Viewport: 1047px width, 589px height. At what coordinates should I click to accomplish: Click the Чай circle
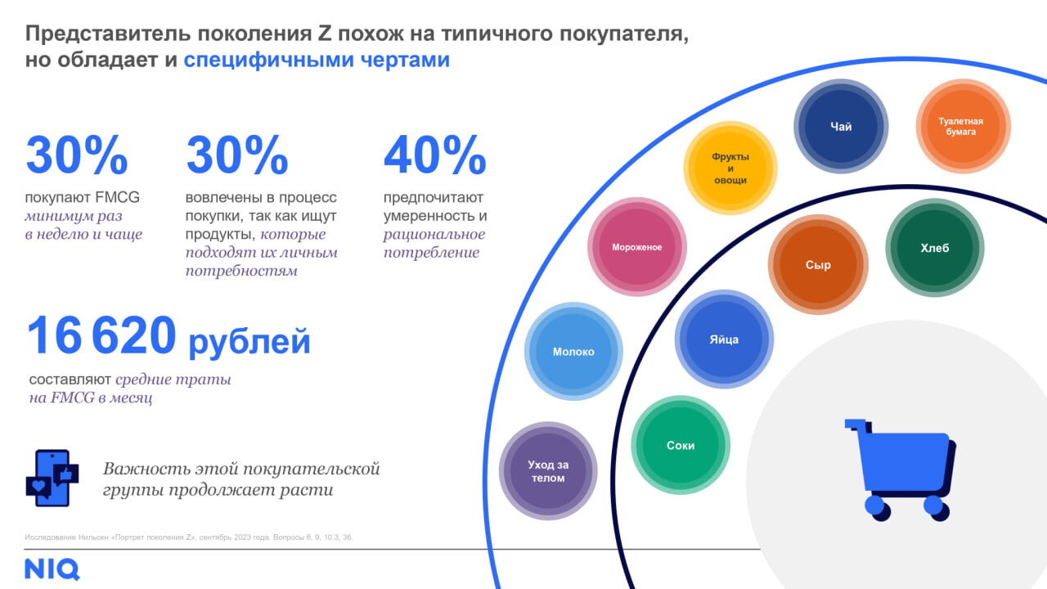pyautogui.click(x=841, y=127)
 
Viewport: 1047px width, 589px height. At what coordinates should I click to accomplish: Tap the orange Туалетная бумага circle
pyautogui.click(x=963, y=126)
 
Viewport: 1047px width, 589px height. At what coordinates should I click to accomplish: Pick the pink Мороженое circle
pyautogui.click(x=636, y=247)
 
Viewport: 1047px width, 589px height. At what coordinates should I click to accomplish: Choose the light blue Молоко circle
pyautogui.click(x=573, y=352)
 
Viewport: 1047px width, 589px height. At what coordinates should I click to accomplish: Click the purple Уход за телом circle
pyautogui.click(x=548, y=471)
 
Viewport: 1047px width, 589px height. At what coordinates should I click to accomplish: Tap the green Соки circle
pyautogui.click(x=680, y=446)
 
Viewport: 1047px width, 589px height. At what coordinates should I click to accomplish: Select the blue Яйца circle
pyautogui.click(x=723, y=339)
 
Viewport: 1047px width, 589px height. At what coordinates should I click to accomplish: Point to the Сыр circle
pyautogui.click(x=817, y=265)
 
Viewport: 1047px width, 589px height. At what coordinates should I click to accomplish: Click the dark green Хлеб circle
pyautogui.click(x=934, y=249)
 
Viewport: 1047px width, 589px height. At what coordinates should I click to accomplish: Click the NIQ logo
pyautogui.click(x=52, y=569)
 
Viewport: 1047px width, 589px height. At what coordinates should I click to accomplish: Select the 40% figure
pyautogui.click(x=434, y=155)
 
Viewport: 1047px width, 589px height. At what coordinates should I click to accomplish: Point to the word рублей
pyautogui.click(x=249, y=341)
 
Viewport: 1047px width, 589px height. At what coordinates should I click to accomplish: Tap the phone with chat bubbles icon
pyautogui.click(x=52, y=478)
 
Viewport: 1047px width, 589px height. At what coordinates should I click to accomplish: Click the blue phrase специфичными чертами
pyautogui.click(x=317, y=61)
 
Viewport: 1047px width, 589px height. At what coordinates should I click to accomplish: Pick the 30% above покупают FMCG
pyautogui.click(x=77, y=155)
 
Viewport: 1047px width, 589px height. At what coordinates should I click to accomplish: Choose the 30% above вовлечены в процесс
pyautogui.click(x=237, y=155)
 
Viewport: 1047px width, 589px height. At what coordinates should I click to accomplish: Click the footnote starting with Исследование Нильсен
pyautogui.click(x=189, y=537)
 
